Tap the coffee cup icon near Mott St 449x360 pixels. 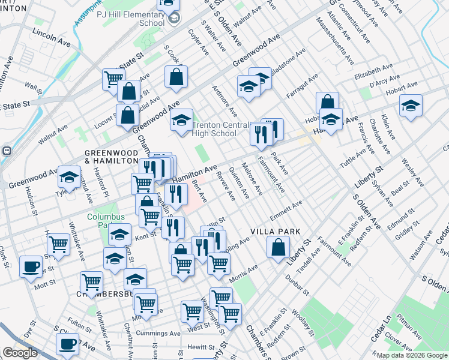coord(30,266)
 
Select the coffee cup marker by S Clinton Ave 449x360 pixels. coord(67,344)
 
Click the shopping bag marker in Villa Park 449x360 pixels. coord(279,247)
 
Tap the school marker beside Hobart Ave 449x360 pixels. coord(411,105)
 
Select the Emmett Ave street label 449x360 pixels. coord(286,211)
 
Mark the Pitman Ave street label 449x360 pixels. coord(408,326)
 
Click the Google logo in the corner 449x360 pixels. coord(20,353)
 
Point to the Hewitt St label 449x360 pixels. coord(200,347)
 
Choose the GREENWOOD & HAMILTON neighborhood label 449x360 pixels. coord(112,157)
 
